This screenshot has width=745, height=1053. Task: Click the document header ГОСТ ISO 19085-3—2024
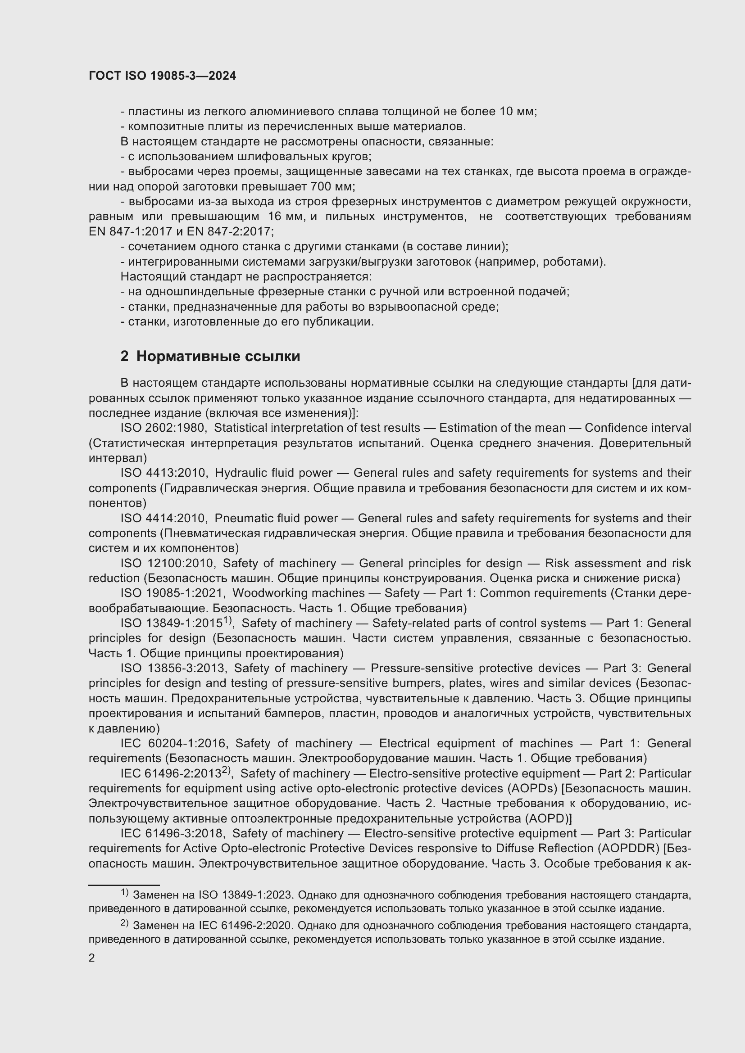[x=163, y=76]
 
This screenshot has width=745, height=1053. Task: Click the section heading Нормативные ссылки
[x=218, y=357]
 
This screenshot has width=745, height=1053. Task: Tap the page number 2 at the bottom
[x=92, y=958]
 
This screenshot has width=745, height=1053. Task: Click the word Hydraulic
[x=238, y=473]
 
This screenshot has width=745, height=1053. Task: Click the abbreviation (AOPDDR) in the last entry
[x=629, y=849]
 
